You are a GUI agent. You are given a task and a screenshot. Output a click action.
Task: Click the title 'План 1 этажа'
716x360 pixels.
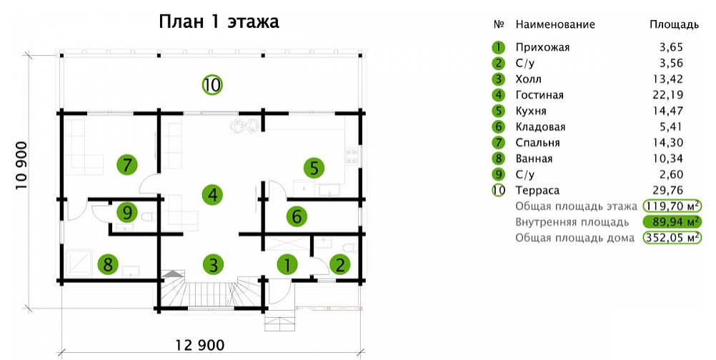pos(218,21)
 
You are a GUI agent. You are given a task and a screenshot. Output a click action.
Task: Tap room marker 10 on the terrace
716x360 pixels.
pos(212,85)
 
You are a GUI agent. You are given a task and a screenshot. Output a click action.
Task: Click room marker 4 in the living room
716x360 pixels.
pos(212,193)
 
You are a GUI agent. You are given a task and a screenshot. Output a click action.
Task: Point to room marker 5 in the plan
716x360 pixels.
pos(314,169)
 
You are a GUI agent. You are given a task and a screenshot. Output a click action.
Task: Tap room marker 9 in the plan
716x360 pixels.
pos(126,212)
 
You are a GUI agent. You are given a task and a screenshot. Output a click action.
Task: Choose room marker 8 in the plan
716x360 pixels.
pos(108,265)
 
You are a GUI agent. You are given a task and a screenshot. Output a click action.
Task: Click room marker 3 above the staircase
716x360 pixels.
pos(213,265)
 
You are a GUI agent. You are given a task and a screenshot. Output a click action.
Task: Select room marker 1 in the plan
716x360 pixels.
pos(287,265)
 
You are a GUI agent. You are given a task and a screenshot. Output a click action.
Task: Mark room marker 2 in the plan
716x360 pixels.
pos(340,265)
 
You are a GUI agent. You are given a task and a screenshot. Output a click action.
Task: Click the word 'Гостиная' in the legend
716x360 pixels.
pos(540,95)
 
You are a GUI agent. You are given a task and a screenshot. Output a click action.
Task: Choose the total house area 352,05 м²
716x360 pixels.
pos(672,237)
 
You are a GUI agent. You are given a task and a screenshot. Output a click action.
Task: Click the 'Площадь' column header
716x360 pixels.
pos(673,24)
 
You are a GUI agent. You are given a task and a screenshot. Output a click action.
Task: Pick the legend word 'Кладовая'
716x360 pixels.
pos(540,126)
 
